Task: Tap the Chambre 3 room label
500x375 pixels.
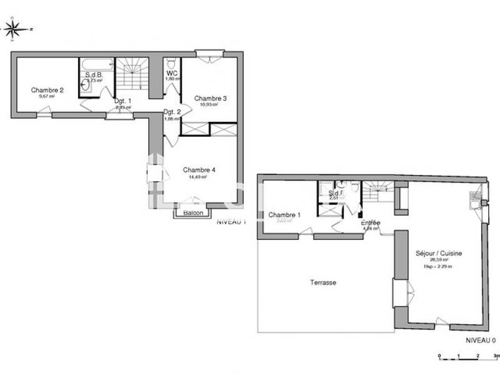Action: tap(210, 98)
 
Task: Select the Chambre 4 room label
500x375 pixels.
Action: tap(199, 169)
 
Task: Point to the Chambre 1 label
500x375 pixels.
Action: tap(284, 215)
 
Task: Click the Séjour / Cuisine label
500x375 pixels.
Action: tap(439, 253)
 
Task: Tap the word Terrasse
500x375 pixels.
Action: tap(323, 282)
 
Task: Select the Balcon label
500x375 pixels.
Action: tap(193, 212)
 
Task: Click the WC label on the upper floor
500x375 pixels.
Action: tap(172, 72)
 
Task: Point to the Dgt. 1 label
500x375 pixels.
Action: tap(122, 101)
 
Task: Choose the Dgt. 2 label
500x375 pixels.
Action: tap(172, 112)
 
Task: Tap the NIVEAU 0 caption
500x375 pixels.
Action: tap(480, 340)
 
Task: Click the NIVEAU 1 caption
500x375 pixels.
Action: tap(231, 221)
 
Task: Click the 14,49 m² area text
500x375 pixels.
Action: tap(197, 177)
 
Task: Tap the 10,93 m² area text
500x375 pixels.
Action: tap(209, 105)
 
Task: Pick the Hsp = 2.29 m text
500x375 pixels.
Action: tap(438, 267)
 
